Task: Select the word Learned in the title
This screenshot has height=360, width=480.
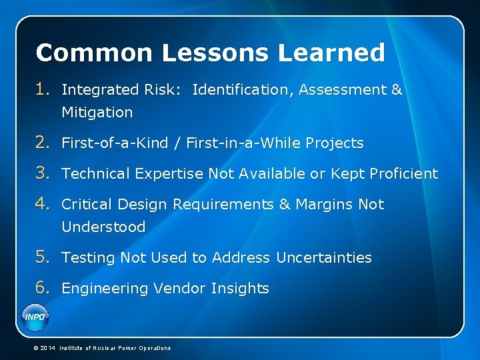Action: click(x=333, y=53)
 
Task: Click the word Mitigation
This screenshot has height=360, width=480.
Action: click(x=97, y=113)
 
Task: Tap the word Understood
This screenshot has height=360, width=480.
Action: click(x=103, y=227)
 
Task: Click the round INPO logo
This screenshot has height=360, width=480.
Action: click(x=35, y=316)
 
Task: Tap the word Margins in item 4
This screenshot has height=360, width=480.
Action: click(x=325, y=205)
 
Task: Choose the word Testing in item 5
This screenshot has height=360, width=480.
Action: click(x=89, y=258)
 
